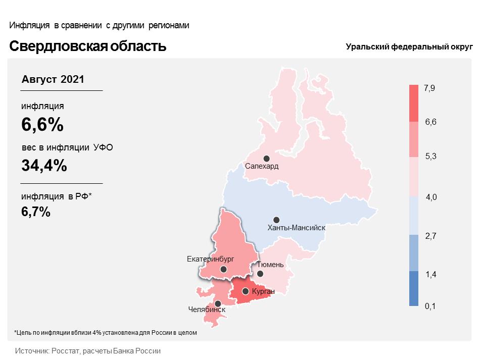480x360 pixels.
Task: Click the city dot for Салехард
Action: [x=266, y=159]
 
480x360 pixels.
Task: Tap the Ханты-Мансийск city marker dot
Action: [x=276, y=220]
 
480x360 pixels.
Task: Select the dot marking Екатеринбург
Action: [x=223, y=269]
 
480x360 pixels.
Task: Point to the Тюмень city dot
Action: [x=260, y=274]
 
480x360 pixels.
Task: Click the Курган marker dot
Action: [x=245, y=291]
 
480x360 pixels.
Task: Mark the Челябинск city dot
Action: [x=218, y=304]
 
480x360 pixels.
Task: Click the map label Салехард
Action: [x=262, y=167]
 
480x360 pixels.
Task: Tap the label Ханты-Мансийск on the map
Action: [x=296, y=228]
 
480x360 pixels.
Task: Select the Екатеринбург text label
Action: [x=210, y=259]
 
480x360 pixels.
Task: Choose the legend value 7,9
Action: [x=429, y=88]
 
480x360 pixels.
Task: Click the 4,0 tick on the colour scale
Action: [x=431, y=197]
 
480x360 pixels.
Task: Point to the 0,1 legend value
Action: [x=430, y=306]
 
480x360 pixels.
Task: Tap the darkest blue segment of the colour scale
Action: [x=414, y=288]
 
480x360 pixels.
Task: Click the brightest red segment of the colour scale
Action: [x=414, y=104]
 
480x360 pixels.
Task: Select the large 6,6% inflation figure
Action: [x=42, y=125]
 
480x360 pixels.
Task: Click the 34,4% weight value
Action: [x=44, y=166]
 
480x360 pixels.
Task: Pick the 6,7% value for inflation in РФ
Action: [x=36, y=212]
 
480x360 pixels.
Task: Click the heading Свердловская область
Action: [x=87, y=46]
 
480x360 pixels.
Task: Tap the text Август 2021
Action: [x=53, y=80]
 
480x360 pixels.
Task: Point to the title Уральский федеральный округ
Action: [x=409, y=47]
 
